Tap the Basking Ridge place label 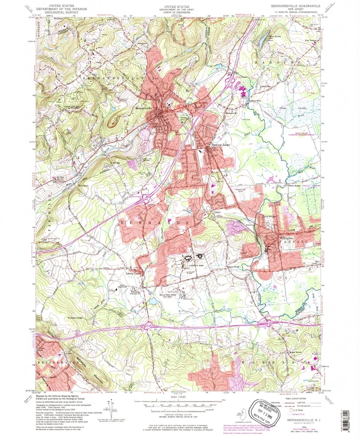(x=219, y=145)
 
